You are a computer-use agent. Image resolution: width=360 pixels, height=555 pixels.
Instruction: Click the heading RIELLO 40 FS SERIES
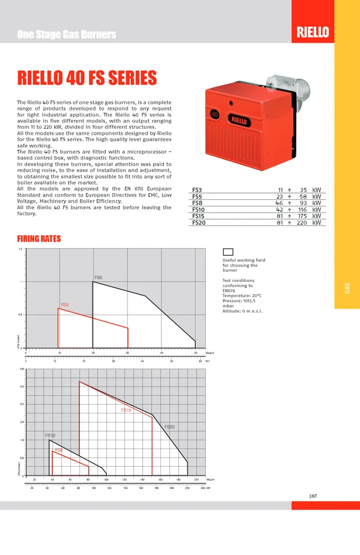pyautogui.click(x=87, y=77)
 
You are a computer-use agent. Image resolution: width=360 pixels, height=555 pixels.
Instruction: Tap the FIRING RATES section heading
pyautogui.click(x=39, y=239)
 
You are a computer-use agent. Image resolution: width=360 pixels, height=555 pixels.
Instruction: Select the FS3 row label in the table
pyautogui.click(x=197, y=190)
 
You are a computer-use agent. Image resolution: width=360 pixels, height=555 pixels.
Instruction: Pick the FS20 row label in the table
pyautogui.click(x=198, y=223)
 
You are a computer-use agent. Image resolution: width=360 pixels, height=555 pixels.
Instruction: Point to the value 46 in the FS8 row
pyautogui.click(x=280, y=203)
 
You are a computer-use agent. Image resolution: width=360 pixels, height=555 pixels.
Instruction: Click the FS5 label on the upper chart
pyautogui.click(x=98, y=277)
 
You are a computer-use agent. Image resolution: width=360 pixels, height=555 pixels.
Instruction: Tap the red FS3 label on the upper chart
pyautogui.click(x=64, y=305)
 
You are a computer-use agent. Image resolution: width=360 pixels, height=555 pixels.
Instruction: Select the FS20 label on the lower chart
pyautogui.click(x=170, y=427)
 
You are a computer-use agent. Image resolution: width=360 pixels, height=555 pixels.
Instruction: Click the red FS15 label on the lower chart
pyautogui.click(x=126, y=410)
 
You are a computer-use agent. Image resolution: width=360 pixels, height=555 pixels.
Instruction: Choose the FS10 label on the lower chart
pyautogui.click(x=50, y=436)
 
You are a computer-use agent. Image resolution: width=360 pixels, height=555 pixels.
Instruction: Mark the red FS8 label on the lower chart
pyautogui.click(x=58, y=450)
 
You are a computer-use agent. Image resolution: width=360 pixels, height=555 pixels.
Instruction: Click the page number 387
pyautogui.click(x=313, y=496)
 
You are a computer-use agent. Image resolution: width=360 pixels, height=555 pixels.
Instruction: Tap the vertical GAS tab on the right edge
pyautogui.click(x=347, y=288)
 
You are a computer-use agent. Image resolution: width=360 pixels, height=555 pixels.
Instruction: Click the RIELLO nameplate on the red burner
pyautogui.click(x=239, y=119)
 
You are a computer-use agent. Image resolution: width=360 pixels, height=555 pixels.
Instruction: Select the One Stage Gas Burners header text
pyautogui.click(x=67, y=34)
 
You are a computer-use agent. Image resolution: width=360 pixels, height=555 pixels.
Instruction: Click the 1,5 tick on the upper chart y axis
pyautogui.click(x=21, y=250)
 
